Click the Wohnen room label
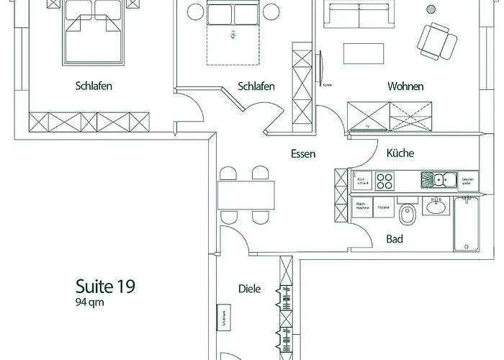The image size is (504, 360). pyautogui.click(x=405, y=86)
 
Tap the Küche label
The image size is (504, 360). pyautogui.click(x=400, y=153)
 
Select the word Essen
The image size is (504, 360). pyautogui.click(x=303, y=153)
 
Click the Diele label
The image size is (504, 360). pyautogui.click(x=248, y=289)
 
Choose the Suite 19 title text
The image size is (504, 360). pyautogui.click(x=106, y=285)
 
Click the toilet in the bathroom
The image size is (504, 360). pyautogui.click(x=408, y=214)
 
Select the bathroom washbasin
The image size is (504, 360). pyautogui.click(x=436, y=208)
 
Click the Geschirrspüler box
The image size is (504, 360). pyautogui.click(x=468, y=180)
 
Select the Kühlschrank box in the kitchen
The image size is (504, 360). pyautogui.click(x=362, y=180)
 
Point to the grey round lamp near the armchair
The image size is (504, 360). pyautogui.click(x=431, y=9)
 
